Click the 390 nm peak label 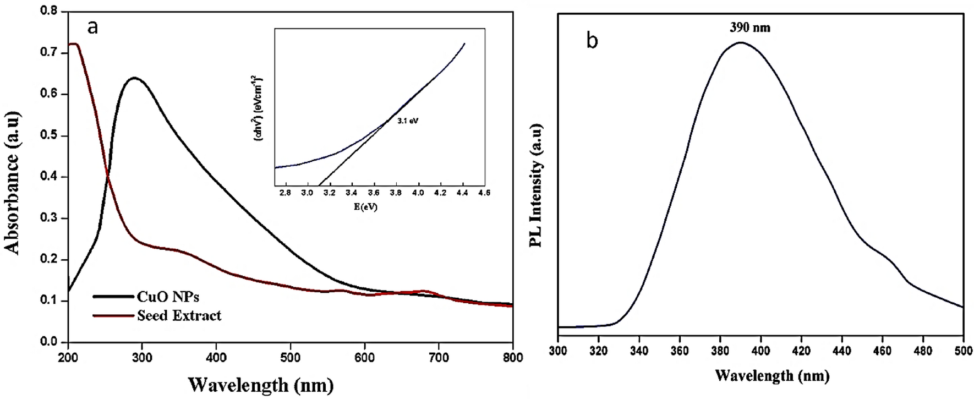pos(749,28)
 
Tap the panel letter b pos(592,41)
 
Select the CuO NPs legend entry pos(167,297)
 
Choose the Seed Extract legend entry pos(178,315)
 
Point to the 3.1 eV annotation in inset pos(408,121)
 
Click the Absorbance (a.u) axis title pos(12,183)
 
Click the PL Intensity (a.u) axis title pos(536,185)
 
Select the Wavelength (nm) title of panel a pos(261,384)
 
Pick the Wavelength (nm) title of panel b pos(772,376)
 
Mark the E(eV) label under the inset pos(366,207)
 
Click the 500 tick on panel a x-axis pos(291,358)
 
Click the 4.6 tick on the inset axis pos(484,193)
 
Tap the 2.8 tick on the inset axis pos(285,193)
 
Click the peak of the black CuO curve pos(134,78)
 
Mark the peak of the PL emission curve pos(741,42)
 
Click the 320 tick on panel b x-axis pos(599,351)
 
